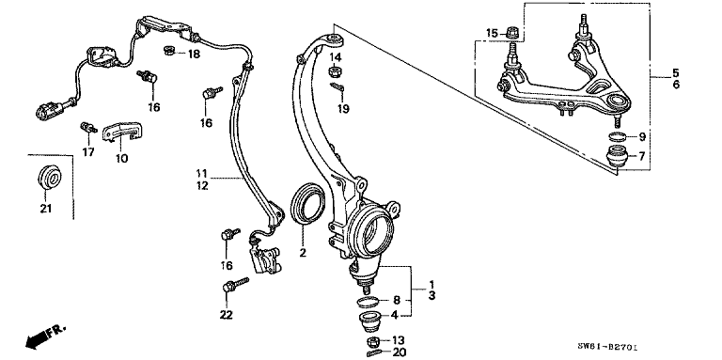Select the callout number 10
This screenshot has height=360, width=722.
(x=121, y=158)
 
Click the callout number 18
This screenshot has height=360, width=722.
(x=194, y=55)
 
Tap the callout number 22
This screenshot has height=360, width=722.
(x=226, y=313)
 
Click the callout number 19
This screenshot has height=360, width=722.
(x=343, y=108)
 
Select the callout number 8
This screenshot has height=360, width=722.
(x=397, y=301)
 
